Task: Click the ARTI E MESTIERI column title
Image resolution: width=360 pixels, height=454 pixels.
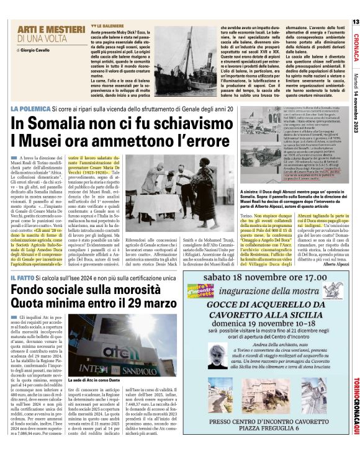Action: [x=42, y=30]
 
